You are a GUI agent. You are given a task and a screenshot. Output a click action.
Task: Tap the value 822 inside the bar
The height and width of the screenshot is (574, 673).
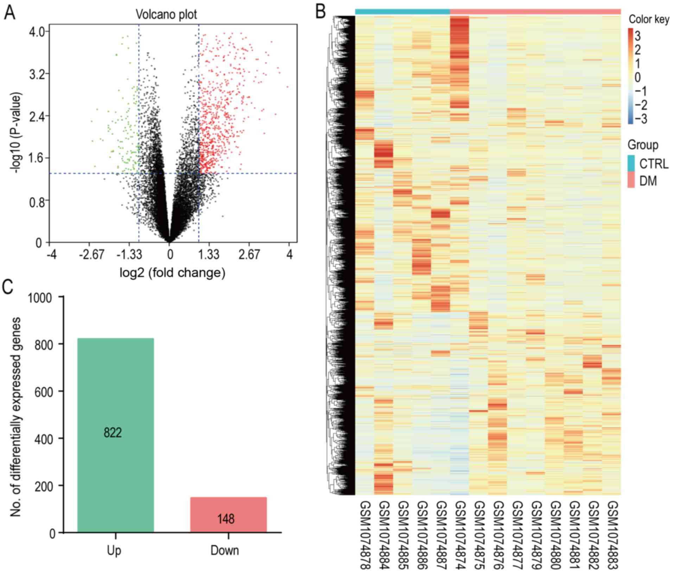click(113, 432)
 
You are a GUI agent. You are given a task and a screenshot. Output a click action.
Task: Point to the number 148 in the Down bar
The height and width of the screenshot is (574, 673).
click(226, 519)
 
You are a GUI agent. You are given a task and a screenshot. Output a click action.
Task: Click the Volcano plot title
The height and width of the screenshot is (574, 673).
click(166, 14)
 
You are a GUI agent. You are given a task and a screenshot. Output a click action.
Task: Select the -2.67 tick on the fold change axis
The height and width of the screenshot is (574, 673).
click(91, 254)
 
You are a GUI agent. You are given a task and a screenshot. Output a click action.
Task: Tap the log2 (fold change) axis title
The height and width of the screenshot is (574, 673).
click(172, 273)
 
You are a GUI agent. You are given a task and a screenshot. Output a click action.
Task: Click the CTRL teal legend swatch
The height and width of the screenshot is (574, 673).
click(631, 163)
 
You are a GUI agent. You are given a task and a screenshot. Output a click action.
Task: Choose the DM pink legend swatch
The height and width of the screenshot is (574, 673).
click(631, 180)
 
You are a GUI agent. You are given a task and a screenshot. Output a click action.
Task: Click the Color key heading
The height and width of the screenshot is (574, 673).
click(649, 19)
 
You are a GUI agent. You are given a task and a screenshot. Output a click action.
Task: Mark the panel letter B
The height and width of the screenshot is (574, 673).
click(320, 12)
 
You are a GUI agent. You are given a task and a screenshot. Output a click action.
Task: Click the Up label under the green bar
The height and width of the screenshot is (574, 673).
click(114, 550)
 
